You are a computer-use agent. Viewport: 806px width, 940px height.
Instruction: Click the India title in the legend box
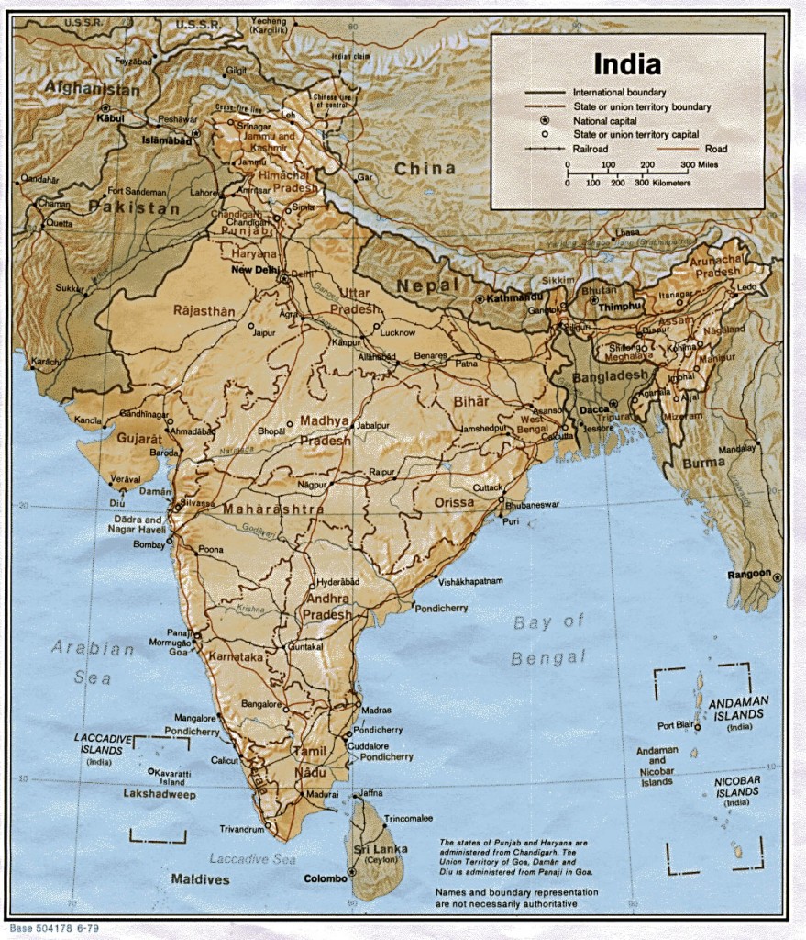[627, 64]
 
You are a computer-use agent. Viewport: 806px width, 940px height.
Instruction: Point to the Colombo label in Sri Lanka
[325, 878]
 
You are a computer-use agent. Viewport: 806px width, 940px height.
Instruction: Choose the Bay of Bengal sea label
[548, 640]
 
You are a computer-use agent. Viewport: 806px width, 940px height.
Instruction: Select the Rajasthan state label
[204, 311]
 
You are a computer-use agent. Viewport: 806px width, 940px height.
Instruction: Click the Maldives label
[200, 879]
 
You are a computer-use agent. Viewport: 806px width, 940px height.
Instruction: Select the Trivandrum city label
[241, 829]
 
